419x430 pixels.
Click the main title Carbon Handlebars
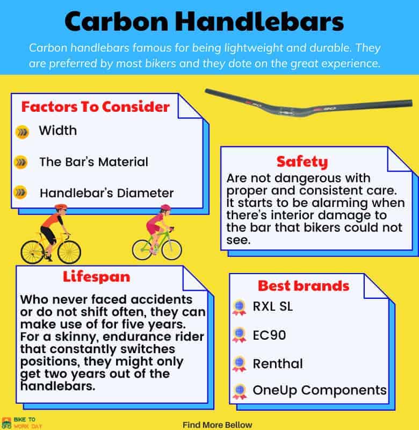(204, 21)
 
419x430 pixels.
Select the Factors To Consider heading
(96, 106)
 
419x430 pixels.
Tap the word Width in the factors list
(57, 130)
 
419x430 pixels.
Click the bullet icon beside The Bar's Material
(21, 162)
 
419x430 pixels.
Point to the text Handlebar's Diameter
(106, 193)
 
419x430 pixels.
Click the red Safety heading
(302, 162)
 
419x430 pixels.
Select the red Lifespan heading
(97, 276)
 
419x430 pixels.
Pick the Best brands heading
(304, 286)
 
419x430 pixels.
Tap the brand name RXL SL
(273, 306)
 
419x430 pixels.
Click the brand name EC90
(269, 335)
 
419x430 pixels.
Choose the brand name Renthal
(278, 364)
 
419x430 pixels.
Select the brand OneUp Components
(320, 390)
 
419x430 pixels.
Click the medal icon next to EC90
(239, 335)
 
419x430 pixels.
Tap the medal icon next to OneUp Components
(240, 392)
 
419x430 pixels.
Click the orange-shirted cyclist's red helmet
(61, 207)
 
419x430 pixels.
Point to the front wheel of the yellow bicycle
(69, 252)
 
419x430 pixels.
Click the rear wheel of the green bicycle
(143, 250)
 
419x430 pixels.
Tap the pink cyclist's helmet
(165, 207)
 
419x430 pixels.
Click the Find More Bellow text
(218, 425)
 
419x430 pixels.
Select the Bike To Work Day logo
(21, 423)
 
